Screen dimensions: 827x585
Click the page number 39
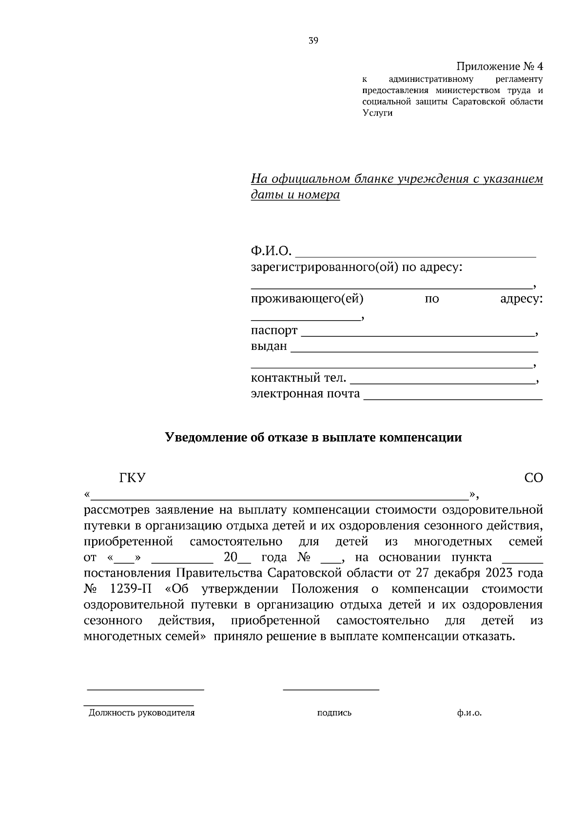[313, 41]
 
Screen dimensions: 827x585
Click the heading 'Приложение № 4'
[499, 66]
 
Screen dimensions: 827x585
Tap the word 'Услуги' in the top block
[377, 114]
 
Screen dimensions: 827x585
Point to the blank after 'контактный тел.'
[442, 380]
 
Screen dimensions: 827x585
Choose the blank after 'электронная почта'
[453, 397]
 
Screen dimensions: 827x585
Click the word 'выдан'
[269, 346]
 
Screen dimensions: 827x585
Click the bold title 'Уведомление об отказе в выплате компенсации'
[313, 437]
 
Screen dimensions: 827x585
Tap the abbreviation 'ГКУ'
[133, 478]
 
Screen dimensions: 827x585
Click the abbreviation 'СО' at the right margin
[533, 478]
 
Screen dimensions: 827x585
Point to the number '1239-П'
[131, 589]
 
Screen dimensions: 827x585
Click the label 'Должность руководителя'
[141, 712]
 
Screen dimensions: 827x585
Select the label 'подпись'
[334, 712]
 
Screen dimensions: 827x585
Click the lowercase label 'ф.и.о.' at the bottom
[469, 712]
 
